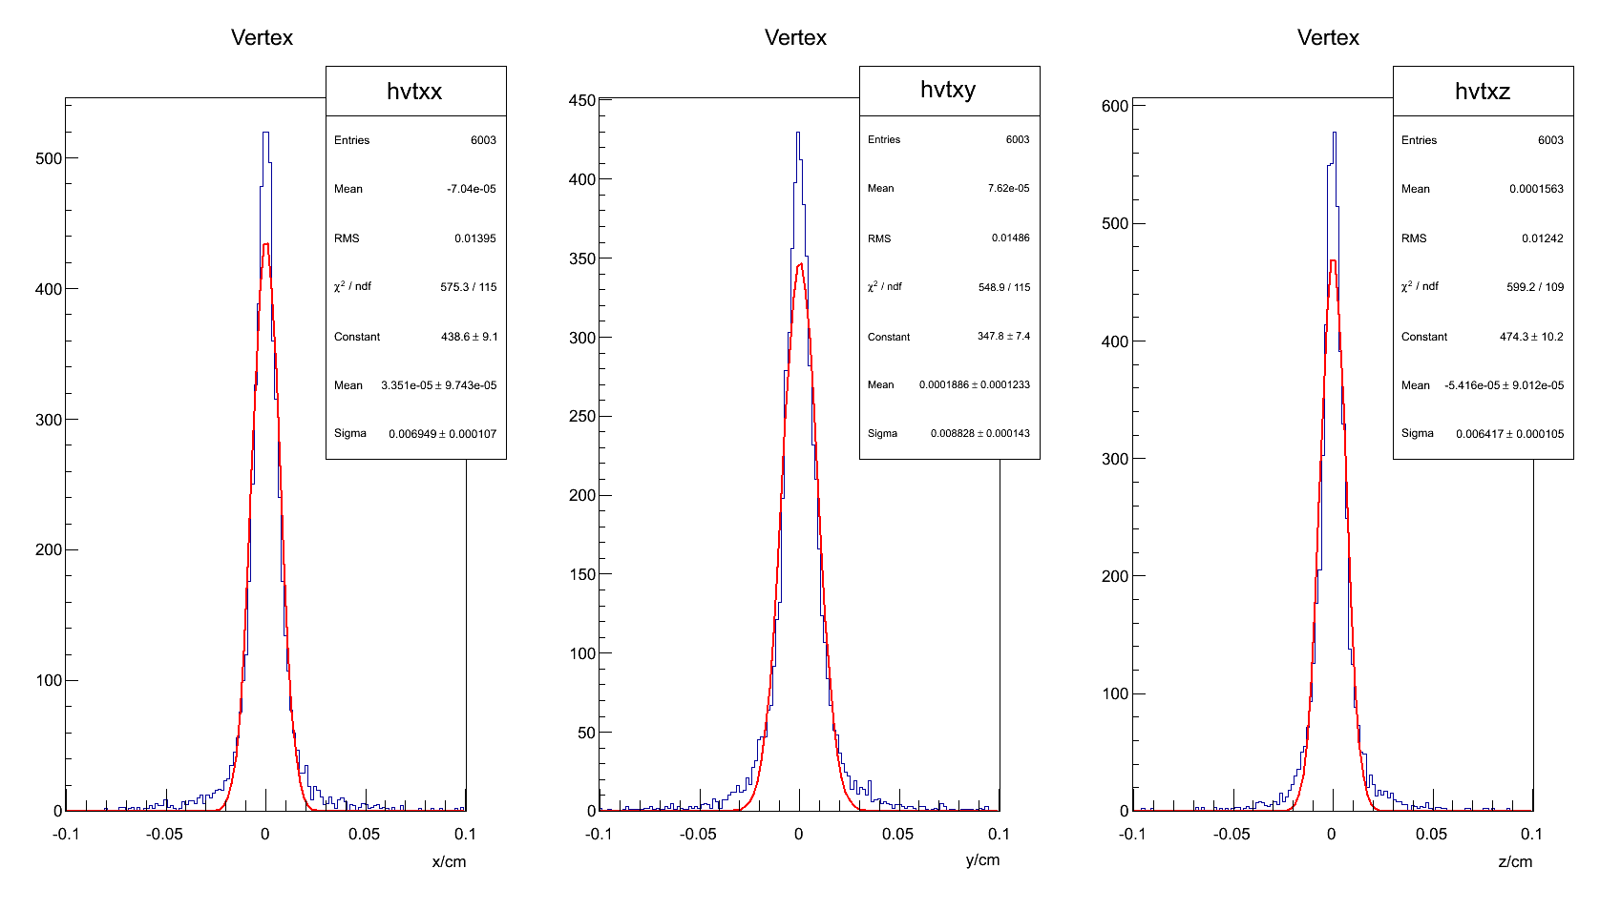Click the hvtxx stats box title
(414, 92)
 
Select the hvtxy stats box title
(948, 90)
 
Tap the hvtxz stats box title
(1482, 92)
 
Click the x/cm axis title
(449, 861)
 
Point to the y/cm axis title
(982, 859)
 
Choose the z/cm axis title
(1515, 861)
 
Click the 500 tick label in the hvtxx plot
(49, 158)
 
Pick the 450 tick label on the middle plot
(581, 100)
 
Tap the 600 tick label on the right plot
(1115, 106)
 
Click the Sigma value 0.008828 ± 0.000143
(979, 433)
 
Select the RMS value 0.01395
(474, 238)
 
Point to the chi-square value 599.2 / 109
(1535, 287)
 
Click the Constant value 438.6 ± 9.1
(469, 337)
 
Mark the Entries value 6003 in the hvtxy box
(1017, 139)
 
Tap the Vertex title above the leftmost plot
(262, 37)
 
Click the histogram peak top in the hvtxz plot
(1334, 134)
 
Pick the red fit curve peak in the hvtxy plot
(800, 264)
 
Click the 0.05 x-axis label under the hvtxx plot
(364, 834)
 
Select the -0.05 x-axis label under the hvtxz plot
(1232, 834)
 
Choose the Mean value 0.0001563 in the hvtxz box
(1536, 189)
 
